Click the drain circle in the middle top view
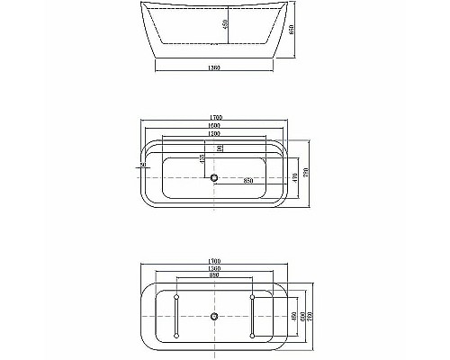[x=215, y=176]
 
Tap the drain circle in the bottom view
[x=215, y=316]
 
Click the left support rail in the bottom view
[x=178, y=316]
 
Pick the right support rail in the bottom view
[x=253, y=316]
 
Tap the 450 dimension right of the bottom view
[x=296, y=316]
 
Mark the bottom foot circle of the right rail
[x=253, y=336]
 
